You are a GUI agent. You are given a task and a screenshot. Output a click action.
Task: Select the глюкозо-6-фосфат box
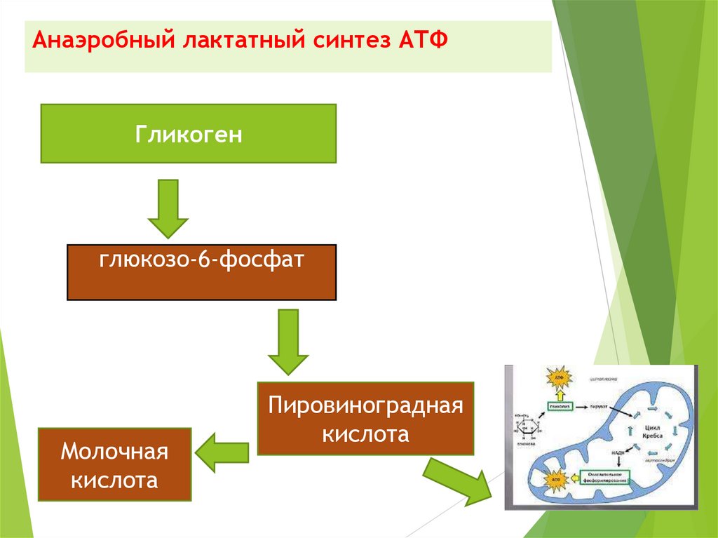pos(201,272)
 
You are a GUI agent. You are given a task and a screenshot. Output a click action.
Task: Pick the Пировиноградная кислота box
pos(366,418)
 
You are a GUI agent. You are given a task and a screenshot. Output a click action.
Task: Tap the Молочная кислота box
pos(115,464)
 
